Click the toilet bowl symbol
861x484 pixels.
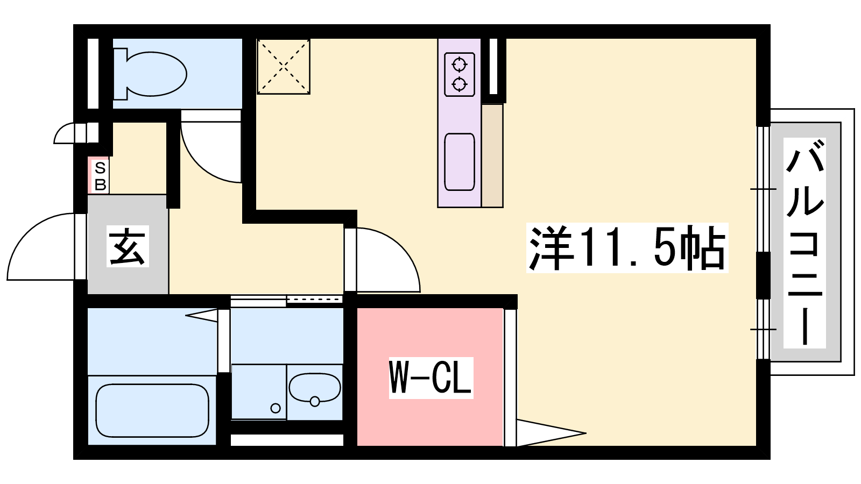pos(156,74)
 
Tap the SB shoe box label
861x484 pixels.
pos(100,176)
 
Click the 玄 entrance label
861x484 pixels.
pos(128,246)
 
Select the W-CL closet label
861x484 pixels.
pos(431,378)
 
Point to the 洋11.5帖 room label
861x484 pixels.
pos(627,248)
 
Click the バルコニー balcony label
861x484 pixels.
pos(804,243)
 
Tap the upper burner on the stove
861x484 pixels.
pos(460,65)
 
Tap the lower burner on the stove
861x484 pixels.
pos(460,84)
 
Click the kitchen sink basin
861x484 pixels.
pos(460,162)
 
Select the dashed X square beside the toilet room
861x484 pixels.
pos(284,67)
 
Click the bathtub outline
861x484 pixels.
pos(152,410)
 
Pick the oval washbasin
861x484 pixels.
pos(315,388)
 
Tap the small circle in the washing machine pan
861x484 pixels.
pos(275,408)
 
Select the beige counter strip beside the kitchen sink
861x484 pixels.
pos(492,155)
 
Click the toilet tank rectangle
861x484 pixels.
pos(119,74)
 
